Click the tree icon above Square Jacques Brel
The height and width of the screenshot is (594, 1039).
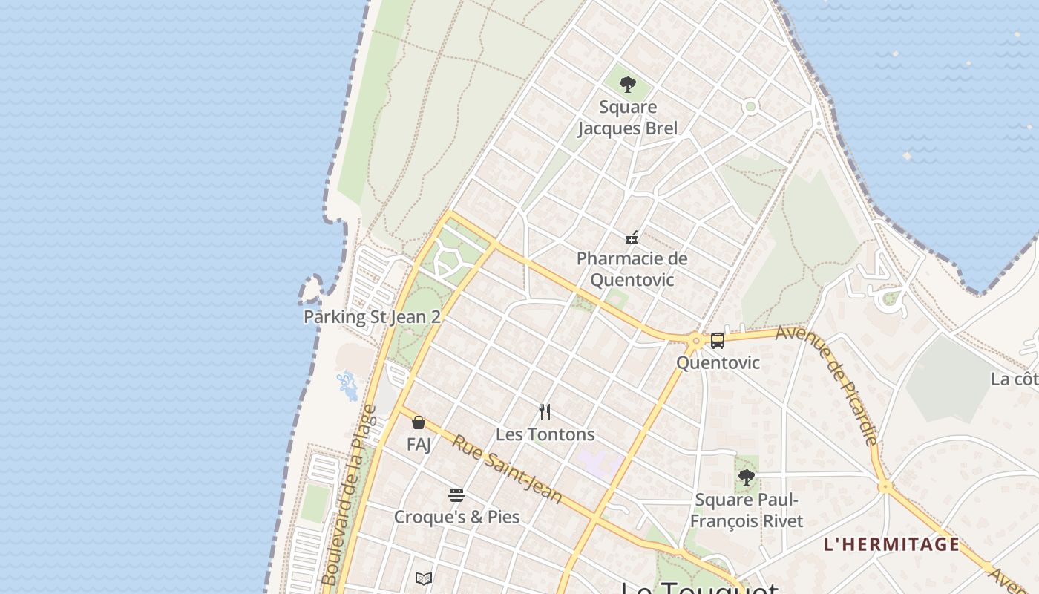tap(628, 85)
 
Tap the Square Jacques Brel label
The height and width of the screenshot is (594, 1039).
tap(628, 118)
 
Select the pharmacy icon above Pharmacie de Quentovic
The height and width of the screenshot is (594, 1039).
tap(632, 238)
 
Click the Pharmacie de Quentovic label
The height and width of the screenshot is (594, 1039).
tap(632, 270)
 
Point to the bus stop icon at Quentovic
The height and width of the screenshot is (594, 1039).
tap(717, 341)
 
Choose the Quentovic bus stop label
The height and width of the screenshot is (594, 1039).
tap(718, 363)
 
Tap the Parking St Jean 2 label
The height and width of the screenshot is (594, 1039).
tap(372, 317)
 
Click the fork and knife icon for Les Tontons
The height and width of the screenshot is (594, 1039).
tap(545, 412)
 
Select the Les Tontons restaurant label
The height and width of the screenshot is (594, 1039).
tap(545, 434)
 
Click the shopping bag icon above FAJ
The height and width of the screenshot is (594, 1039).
tap(419, 423)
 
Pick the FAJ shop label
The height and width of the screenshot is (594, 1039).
tap(419, 445)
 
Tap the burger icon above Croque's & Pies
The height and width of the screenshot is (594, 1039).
tap(456, 495)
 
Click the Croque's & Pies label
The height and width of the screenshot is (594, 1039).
tap(456, 517)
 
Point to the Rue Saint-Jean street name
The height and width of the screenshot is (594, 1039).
tap(508, 469)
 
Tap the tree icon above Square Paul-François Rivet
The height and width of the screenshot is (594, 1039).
tap(747, 477)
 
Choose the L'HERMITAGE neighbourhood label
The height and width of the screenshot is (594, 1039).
tap(891, 544)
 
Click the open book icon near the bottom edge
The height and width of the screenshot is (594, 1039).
tap(424, 578)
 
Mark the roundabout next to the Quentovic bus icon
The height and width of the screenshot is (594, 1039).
tap(695, 341)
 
